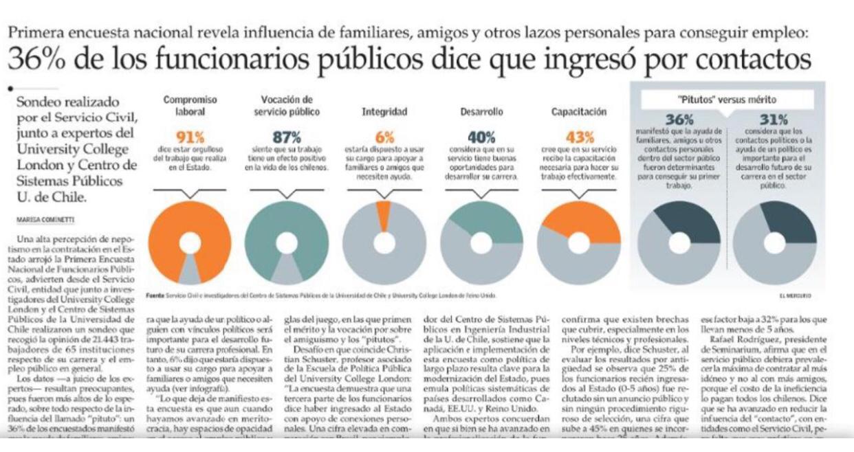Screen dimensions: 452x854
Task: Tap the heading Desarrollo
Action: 481,111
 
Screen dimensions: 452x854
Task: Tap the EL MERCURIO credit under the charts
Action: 795,296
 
